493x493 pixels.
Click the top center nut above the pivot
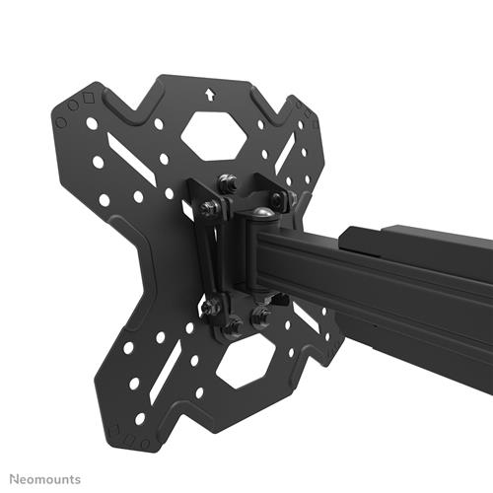coord(228,182)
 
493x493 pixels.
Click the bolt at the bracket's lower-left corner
coord(210,307)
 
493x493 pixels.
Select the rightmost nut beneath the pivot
coord(263,317)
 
